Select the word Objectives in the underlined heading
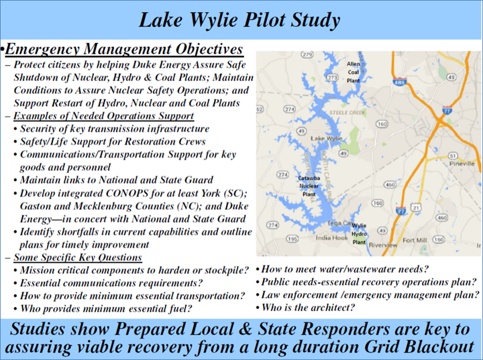[209, 49]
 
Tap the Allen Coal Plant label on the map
[354, 72]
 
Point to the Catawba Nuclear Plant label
[309, 186]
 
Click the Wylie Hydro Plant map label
[359, 234]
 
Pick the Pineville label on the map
[462, 164]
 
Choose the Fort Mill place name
[415, 240]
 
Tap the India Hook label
[331, 238]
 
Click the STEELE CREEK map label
[347, 113]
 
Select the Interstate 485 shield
[400, 82]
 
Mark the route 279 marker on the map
[307, 55]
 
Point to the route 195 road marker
[292, 239]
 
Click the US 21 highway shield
[416, 208]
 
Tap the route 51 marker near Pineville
[453, 156]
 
